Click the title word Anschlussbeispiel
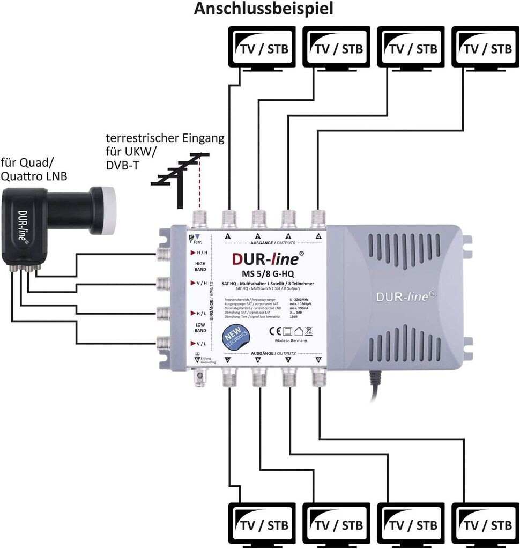click(263, 9)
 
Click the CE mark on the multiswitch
click(274, 330)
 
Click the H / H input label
click(199, 253)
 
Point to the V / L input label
click(199, 344)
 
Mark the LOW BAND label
click(199, 328)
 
